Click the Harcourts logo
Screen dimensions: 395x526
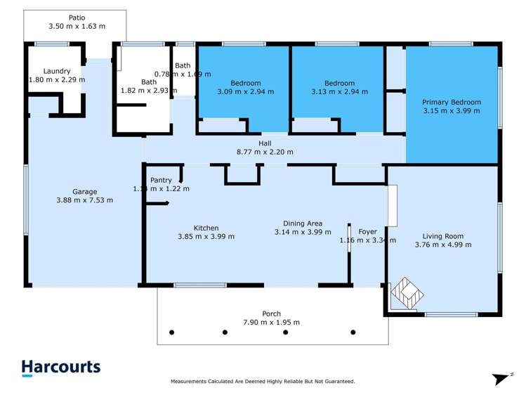tap(60, 368)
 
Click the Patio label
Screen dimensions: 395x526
tap(77, 17)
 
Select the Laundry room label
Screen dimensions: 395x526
tap(57, 71)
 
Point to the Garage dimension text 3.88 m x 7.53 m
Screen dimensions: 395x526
tap(85, 200)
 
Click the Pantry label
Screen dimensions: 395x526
tap(161, 181)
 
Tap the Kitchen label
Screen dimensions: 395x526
tap(206, 228)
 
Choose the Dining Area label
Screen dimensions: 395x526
tap(302, 223)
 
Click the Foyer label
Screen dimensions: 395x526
tap(367, 231)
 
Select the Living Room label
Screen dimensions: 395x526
tap(442, 236)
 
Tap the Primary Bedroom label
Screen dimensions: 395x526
tap(452, 102)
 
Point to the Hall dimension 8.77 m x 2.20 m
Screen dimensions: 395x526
tap(265, 152)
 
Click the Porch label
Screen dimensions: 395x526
tap(271, 313)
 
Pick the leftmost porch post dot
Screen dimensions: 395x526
tap(171, 332)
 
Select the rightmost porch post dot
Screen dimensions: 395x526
tap(353, 332)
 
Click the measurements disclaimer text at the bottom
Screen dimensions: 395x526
tap(263, 382)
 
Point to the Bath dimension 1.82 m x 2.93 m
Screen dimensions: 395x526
tap(149, 91)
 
